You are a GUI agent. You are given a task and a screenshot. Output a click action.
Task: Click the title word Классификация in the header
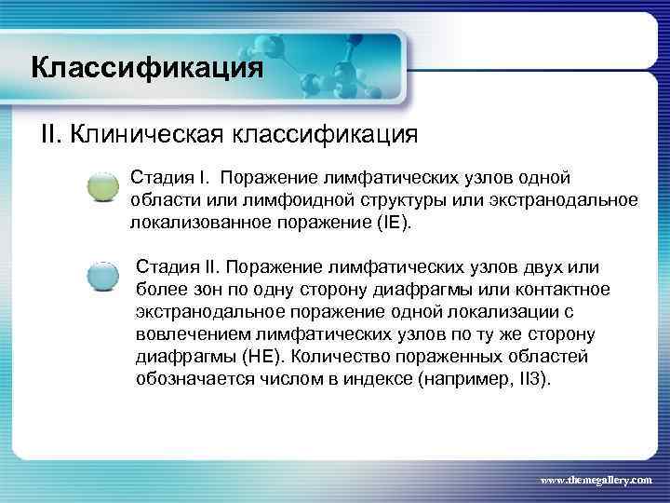pos(146,68)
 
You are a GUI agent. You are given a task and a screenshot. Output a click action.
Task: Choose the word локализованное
pos(191,224)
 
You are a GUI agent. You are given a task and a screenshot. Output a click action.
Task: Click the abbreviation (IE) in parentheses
pos(392,224)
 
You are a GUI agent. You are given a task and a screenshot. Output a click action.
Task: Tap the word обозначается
pos(194,379)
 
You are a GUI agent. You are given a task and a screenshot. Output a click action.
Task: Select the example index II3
pos(533,379)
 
